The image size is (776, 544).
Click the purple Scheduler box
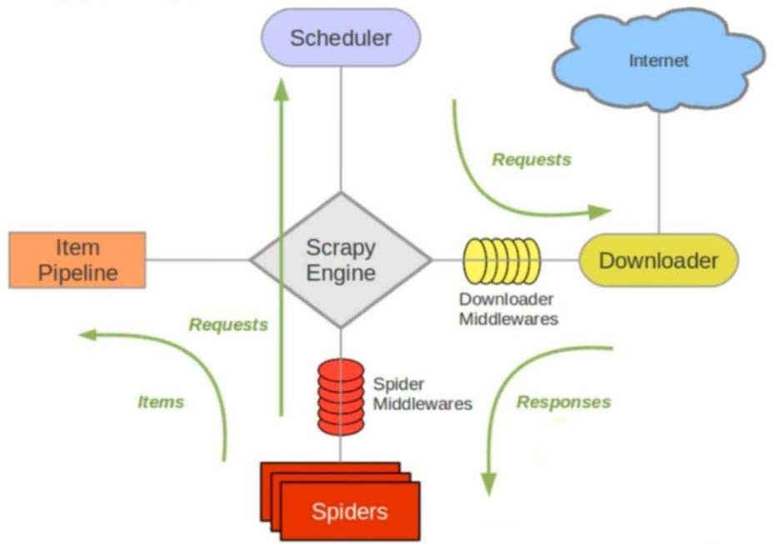(x=341, y=37)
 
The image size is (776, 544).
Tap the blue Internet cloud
(x=658, y=60)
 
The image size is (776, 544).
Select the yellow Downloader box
(x=658, y=260)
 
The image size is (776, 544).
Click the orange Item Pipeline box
(x=78, y=260)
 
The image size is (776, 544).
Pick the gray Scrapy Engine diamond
(x=341, y=260)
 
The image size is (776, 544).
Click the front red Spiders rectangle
(x=350, y=512)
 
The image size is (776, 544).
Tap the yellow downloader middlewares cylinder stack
(x=501, y=261)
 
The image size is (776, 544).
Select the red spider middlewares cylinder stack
(x=340, y=397)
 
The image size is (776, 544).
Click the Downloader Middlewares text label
(x=508, y=309)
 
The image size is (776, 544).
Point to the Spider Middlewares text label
(x=422, y=394)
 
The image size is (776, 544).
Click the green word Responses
(x=563, y=402)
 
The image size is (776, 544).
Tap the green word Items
(x=161, y=402)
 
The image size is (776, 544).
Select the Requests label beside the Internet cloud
(x=532, y=159)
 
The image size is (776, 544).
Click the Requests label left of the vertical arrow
(x=228, y=324)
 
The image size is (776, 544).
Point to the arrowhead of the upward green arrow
(x=282, y=90)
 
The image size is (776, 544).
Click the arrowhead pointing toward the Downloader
(x=600, y=212)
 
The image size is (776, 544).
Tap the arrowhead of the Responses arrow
(x=489, y=484)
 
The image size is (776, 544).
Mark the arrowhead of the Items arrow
(x=89, y=335)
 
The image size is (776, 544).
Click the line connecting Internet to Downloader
(x=658, y=173)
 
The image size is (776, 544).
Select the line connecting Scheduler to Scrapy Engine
(x=341, y=129)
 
